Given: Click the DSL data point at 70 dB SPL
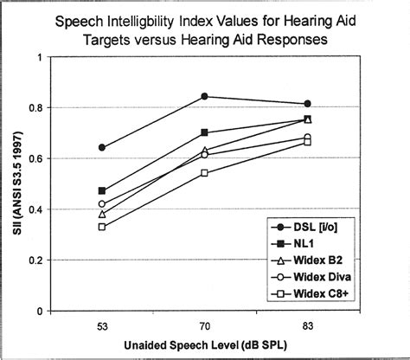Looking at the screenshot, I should pyautogui.click(x=204, y=96).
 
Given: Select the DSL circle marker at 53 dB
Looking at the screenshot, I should pyautogui.click(x=102, y=147).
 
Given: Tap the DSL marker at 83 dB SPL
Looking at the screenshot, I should pyautogui.click(x=307, y=104).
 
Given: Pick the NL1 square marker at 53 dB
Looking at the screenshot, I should pyautogui.click(x=102, y=190).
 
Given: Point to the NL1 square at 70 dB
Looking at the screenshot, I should pyautogui.click(x=204, y=132).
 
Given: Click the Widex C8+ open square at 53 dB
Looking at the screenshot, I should pyautogui.click(x=102, y=227).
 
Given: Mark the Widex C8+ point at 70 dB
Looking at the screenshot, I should pyautogui.click(x=204, y=173).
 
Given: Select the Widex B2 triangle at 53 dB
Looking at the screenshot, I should pyautogui.click(x=102, y=214).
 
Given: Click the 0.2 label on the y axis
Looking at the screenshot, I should pyautogui.click(x=37, y=260).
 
